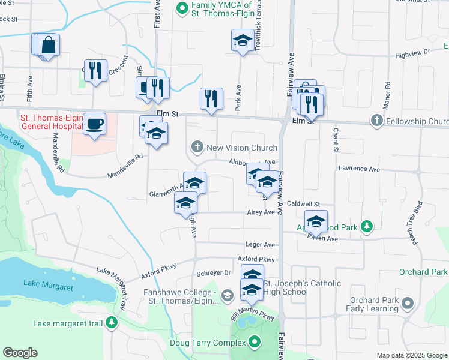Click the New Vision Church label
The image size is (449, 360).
241,148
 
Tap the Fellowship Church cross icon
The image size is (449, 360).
376,121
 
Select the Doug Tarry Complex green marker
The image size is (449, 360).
255,343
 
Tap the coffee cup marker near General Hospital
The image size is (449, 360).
94,124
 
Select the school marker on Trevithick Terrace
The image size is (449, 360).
242,40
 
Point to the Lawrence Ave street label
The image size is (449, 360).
359,170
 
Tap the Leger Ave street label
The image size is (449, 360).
260,245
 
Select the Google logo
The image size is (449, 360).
20,353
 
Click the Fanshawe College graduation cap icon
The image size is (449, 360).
227,295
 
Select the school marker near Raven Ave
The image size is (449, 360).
316,221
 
